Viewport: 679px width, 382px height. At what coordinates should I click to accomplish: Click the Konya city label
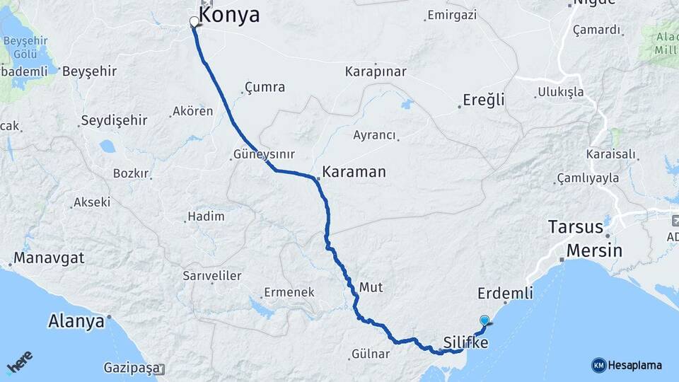coord(229,15)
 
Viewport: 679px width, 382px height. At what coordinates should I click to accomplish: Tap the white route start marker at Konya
coord(194,21)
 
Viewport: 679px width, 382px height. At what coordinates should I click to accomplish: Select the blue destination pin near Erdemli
coord(484,320)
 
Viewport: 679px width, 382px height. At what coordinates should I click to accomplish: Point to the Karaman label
coord(354,172)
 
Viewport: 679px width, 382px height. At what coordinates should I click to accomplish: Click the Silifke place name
coord(465,342)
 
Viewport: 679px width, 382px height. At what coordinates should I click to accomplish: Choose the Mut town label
coord(371,287)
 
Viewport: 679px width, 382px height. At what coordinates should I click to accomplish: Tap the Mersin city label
coord(594,250)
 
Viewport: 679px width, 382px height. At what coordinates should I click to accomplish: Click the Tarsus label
coord(576,228)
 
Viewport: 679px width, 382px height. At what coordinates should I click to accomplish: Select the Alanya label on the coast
coord(76,321)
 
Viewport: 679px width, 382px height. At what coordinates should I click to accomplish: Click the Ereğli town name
coord(484,100)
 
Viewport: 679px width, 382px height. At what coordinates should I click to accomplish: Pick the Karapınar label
coord(376,72)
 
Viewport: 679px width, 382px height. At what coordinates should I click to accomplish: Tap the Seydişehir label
coord(114,120)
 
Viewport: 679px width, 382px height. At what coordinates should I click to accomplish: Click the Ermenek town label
coord(289,291)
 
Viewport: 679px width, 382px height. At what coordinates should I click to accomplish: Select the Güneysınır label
coord(264,154)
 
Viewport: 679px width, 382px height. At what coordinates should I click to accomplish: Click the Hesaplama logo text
coord(634,365)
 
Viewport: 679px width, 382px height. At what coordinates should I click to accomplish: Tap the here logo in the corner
coord(20,362)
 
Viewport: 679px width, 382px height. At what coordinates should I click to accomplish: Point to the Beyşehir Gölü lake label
coord(25,47)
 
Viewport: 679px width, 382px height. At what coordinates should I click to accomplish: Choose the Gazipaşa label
coord(129,368)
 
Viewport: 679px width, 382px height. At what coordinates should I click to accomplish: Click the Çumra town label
coord(265,88)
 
